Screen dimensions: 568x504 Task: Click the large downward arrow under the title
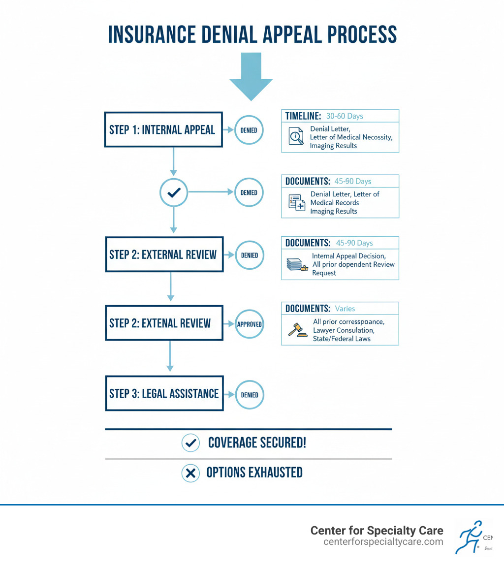pyautogui.click(x=251, y=74)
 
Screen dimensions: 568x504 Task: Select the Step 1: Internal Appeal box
pyautogui.click(x=163, y=130)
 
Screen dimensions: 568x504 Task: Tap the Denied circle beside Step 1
pyautogui.click(x=249, y=130)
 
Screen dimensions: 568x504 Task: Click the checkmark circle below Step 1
pyautogui.click(x=174, y=193)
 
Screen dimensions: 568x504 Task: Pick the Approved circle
pyautogui.click(x=249, y=324)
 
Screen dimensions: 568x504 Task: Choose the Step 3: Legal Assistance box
pyautogui.click(x=164, y=393)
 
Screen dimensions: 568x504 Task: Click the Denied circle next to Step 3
pyautogui.click(x=250, y=394)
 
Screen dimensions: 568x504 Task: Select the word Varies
pyautogui.click(x=345, y=309)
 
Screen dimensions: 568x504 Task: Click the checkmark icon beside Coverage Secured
pyautogui.click(x=190, y=443)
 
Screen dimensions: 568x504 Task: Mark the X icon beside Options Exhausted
pyautogui.click(x=190, y=473)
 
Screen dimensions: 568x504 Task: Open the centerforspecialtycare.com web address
pyautogui.click(x=383, y=542)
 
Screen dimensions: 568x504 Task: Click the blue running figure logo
pyautogui.click(x=469, y=536)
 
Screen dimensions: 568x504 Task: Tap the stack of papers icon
pyautogui.click(x=296, y=264)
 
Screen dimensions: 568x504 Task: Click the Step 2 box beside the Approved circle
pyautogui.click(x=164, y=323)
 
